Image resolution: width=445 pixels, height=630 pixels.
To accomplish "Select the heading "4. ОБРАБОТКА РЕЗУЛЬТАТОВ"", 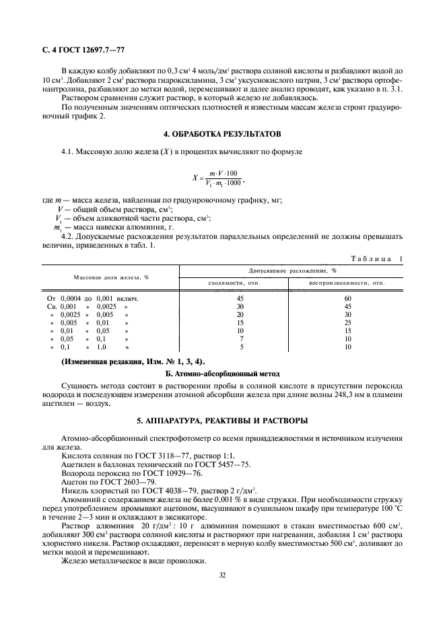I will click(222, 133).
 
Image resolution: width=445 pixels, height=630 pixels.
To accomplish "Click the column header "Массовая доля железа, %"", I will click(110, 276).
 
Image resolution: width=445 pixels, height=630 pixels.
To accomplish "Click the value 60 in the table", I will click(347, 297).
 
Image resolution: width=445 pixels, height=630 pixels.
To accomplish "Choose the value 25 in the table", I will click(347, 322).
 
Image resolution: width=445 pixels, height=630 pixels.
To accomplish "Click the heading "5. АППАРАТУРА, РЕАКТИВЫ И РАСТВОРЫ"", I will click(222, 421).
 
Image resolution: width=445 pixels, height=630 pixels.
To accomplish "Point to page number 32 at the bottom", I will click(222, 575).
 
